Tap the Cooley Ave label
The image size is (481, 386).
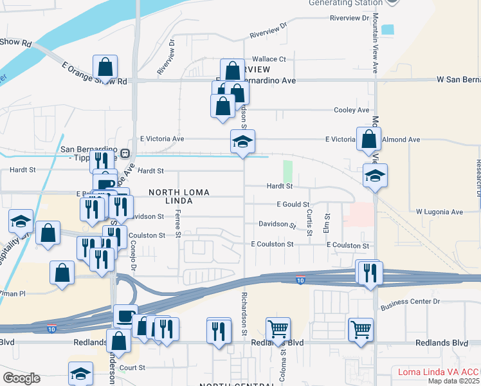(351, 110)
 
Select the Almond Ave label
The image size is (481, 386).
(401, 139)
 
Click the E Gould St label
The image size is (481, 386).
(293, 204)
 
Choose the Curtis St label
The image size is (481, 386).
(310, 221)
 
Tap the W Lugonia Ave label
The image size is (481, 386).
(439, 212)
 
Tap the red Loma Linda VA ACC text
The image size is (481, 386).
(439, 372)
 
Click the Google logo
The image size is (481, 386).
(21, 378)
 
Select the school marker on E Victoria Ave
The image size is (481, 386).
(243, 142)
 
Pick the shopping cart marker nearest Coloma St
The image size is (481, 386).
(278, 329)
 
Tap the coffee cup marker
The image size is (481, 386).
(125, 316)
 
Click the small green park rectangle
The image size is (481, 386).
(287, 172)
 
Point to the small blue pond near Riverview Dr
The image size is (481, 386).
(388, 29)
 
